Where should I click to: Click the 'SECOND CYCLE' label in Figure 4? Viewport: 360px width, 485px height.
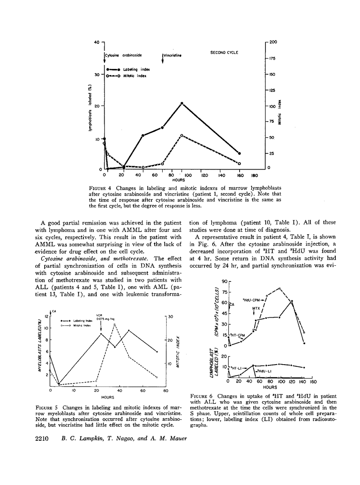(x=224, y=52)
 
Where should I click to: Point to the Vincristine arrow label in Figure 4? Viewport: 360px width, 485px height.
(x=172, y=55)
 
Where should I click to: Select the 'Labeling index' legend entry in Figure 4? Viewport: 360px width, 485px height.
(x=133, y=69)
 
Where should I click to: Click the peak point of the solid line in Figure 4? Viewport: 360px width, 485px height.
(x=182, y=103)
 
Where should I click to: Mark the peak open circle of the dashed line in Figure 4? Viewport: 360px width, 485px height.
(x=182, y=135)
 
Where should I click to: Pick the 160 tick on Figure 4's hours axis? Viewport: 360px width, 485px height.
(x=239, y=175)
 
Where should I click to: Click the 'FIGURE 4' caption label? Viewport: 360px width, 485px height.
(x=100, y=188)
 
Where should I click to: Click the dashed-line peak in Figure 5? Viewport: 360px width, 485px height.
(x=114, y=325)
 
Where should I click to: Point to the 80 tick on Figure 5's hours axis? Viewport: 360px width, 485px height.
(x=166, y=390)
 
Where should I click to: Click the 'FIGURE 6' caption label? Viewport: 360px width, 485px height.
(x=202, y=396)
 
